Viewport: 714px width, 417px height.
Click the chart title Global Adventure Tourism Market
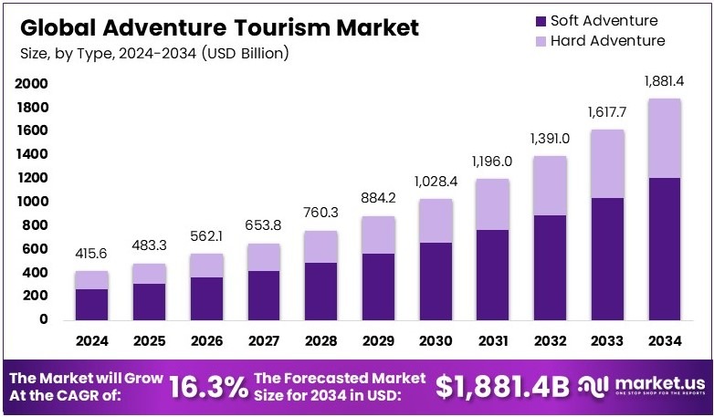point(219,27)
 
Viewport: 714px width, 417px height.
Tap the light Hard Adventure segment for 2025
point(148,274)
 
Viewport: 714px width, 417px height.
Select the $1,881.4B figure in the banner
point(503,387)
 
